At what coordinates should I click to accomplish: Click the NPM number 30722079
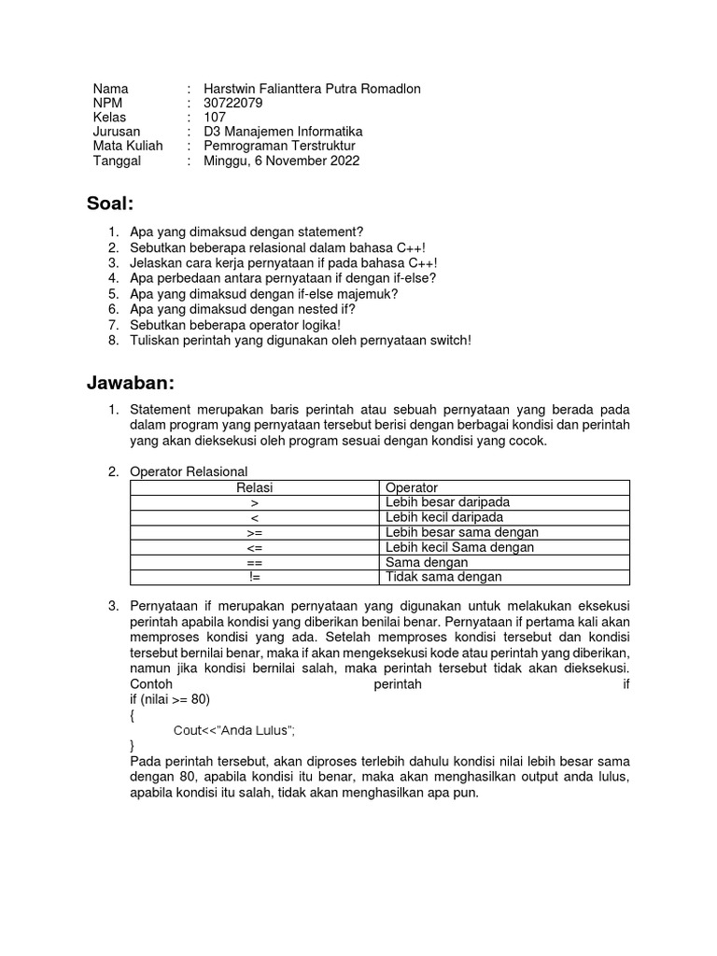click(233, 103)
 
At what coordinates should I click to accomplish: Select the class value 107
click(215, 117)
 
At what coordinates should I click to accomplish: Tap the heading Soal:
click(111, 204)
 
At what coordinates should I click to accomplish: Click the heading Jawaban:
click(131, 383)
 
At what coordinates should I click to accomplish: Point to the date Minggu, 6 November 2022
click(281, 160)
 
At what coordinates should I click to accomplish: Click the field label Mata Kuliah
click(128, 146)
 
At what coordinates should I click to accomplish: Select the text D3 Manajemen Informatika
click(283, 132)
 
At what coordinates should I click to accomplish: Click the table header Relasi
click(254, 487)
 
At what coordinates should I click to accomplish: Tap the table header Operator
click(411, 487)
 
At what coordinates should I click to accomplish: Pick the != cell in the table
click(254, 577)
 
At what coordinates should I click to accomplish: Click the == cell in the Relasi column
click(254, 562)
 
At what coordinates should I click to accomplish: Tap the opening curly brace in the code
click(134, 714)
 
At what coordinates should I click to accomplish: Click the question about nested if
click(243, 308)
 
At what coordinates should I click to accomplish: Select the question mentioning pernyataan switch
click(301, 340)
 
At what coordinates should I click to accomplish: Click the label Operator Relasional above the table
click(189, 471)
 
